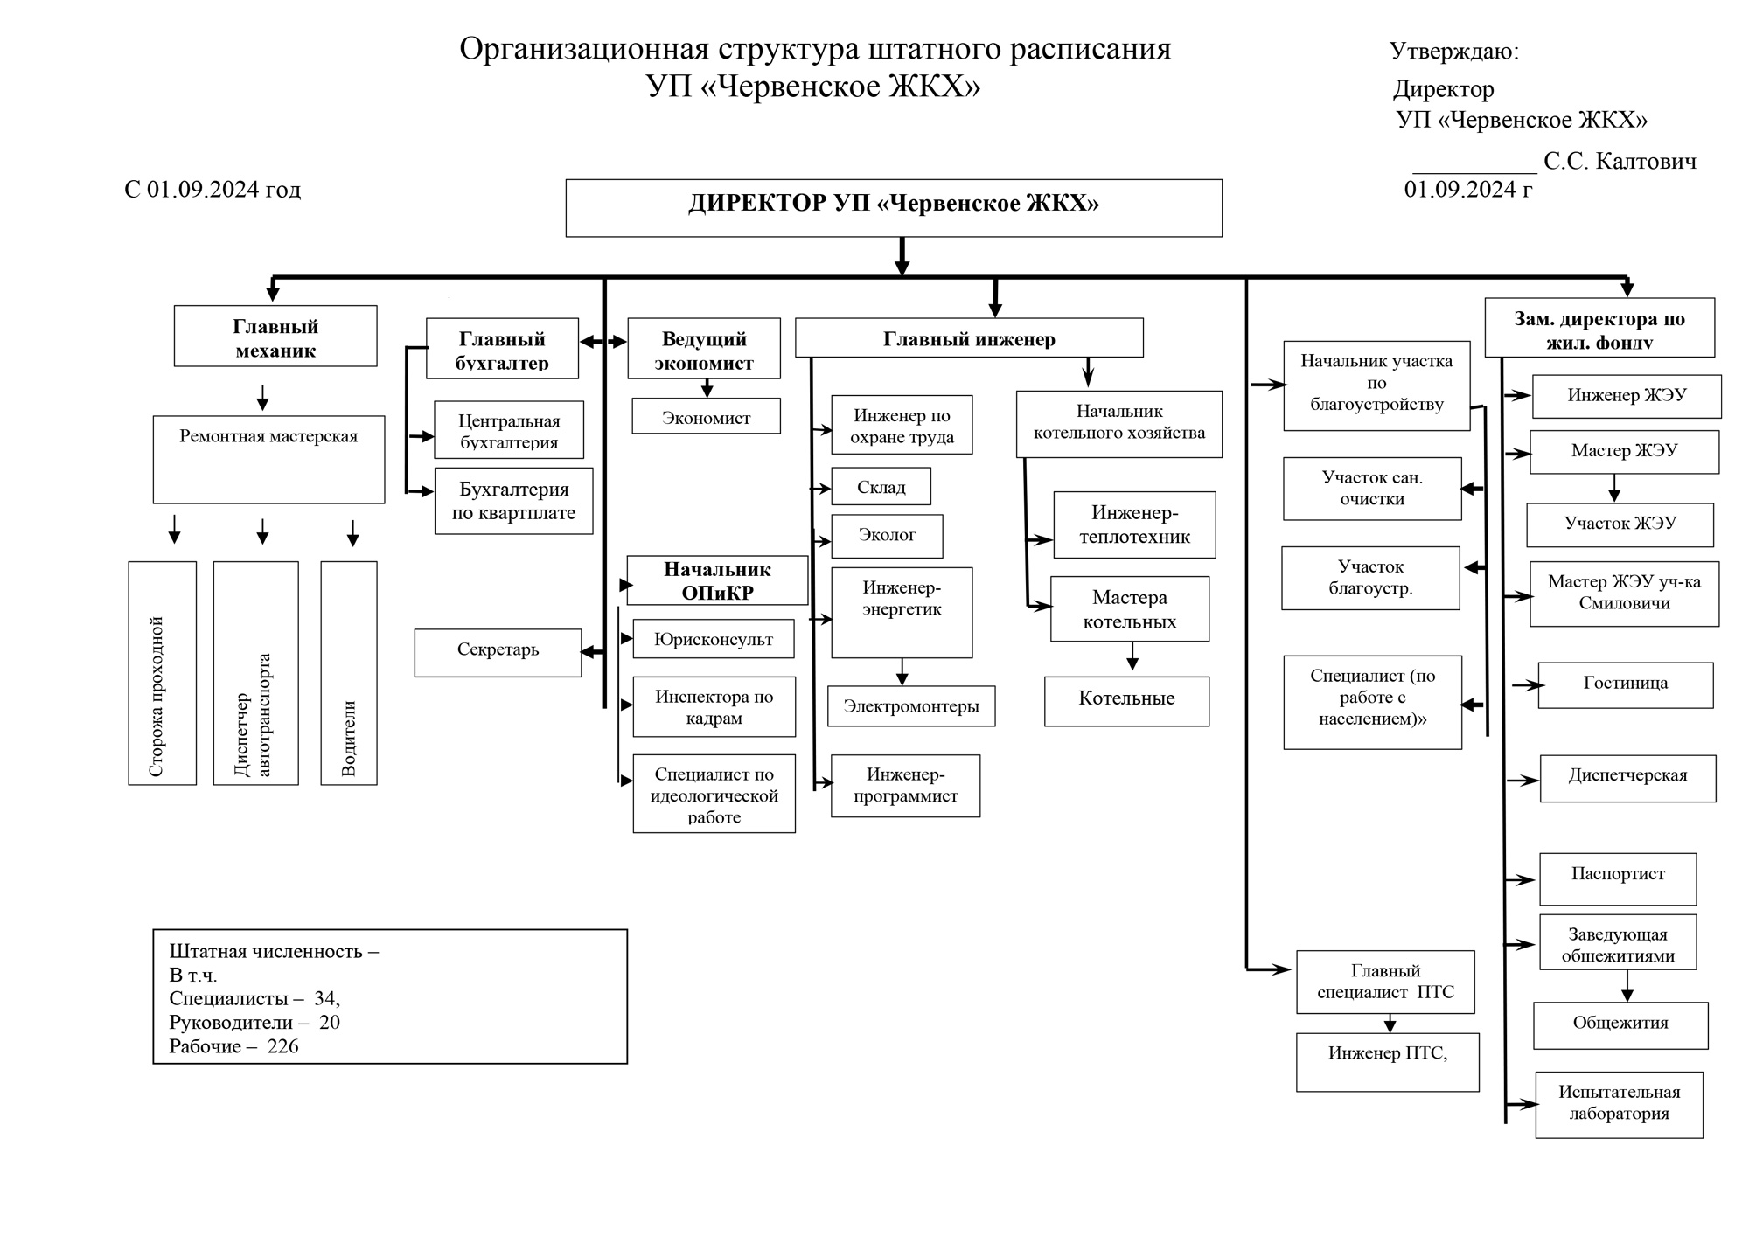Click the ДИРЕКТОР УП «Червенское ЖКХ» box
(x=893, y=208)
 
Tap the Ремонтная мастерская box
(x=268, y=459)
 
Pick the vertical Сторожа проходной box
(x=162, y=673)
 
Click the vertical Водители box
(x=349, y=673)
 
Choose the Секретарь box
(x=498, y=652)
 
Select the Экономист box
(x=706, y=417)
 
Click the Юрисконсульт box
(x=714, y=639)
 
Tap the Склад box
(x=881, y=487)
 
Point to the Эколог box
(x=887, y=536)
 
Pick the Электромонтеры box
(x=911, y=706)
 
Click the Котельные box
(x=1126, y=700)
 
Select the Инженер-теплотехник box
(x=1134, y=524)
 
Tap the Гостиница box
(x=1625, y=684)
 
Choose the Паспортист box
(x=1618, y=878)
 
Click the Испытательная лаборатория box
(x=1619, y=1104)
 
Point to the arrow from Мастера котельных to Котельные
(x=1132, y=657)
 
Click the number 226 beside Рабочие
(x=282, y=1046)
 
